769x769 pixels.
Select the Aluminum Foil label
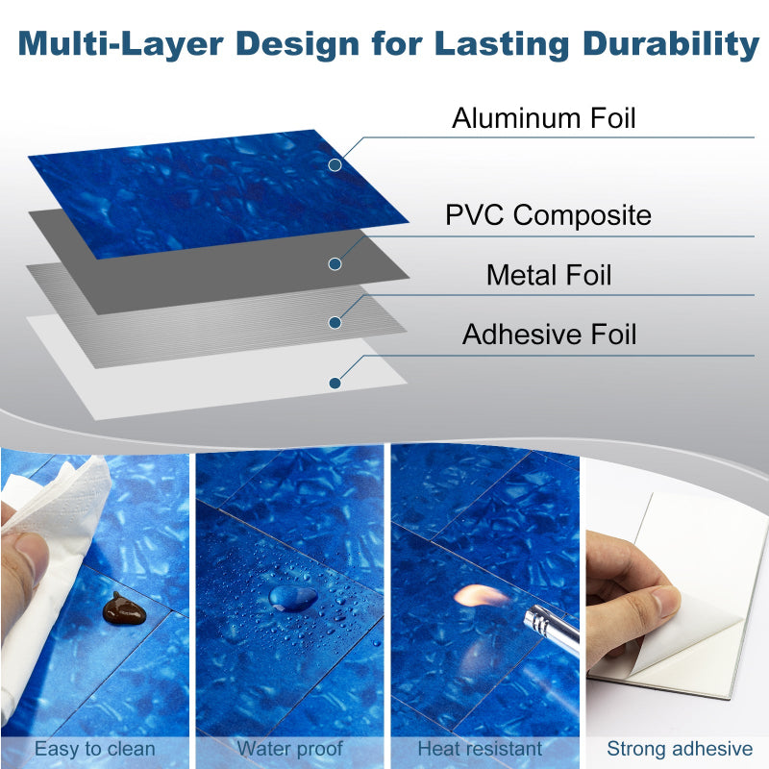click(544, 118)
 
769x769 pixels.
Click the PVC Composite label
click(548, 214)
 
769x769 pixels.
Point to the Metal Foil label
click(549, 275)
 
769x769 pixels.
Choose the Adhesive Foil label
click(549, 335)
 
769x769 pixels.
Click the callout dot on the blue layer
click(335, 164)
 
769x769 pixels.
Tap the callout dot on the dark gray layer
click(335, 263)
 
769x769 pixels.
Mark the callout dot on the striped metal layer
click(335, 322)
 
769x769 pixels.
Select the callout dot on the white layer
click(335, 383)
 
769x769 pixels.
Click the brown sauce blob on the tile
click(122, 608)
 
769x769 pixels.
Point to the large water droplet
click(293, 598)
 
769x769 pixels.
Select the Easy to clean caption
click(95, 749)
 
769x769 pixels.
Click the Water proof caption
click(289, 749)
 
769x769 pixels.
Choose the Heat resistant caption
click(480, 749)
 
